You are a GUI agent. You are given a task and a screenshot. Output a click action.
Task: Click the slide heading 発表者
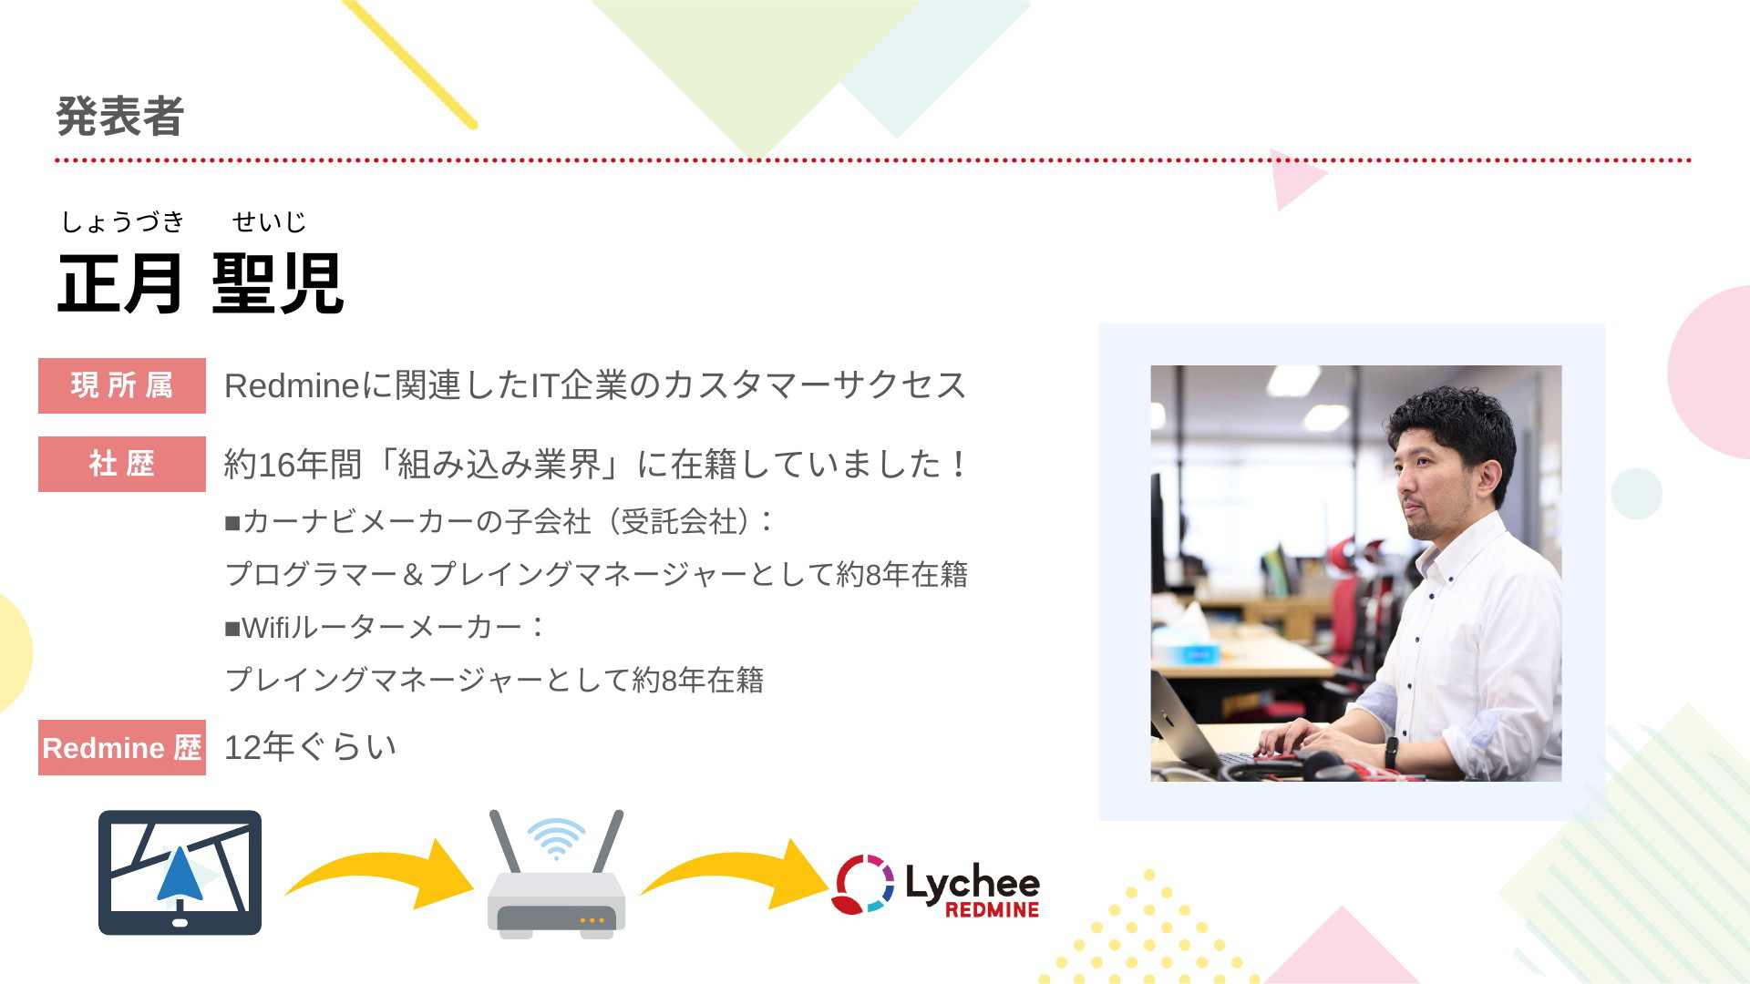[x=120, y=117]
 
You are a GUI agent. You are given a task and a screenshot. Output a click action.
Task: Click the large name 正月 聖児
[x=201, y=283]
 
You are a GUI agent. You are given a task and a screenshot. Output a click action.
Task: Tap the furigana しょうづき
[x=123, y=221]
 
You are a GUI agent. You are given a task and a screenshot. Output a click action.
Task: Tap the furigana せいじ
[x=269, y=221]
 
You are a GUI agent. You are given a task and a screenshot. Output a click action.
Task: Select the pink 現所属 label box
[x=122, y=385]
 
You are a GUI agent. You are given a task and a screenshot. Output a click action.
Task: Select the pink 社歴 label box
[x=122, y=464]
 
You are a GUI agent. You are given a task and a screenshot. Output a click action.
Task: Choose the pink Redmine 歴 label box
[x=122, y=747]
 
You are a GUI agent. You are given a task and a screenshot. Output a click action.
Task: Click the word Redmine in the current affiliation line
[x=293, y=386]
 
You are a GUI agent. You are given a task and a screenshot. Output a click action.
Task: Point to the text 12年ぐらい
[x=311, y=747]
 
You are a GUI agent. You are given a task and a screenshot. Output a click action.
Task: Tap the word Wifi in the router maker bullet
[x=265, y=628]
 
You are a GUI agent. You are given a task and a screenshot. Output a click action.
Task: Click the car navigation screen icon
[x=180, y=872]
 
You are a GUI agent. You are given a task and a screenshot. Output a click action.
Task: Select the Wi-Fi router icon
[x=556, y=874]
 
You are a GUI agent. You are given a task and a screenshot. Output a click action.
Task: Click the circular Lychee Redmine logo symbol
[x=862, y=884]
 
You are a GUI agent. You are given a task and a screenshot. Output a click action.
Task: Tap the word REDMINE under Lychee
[x=992, y=909]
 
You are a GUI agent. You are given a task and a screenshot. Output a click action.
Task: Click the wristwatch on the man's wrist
[x=1392, y=752]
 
